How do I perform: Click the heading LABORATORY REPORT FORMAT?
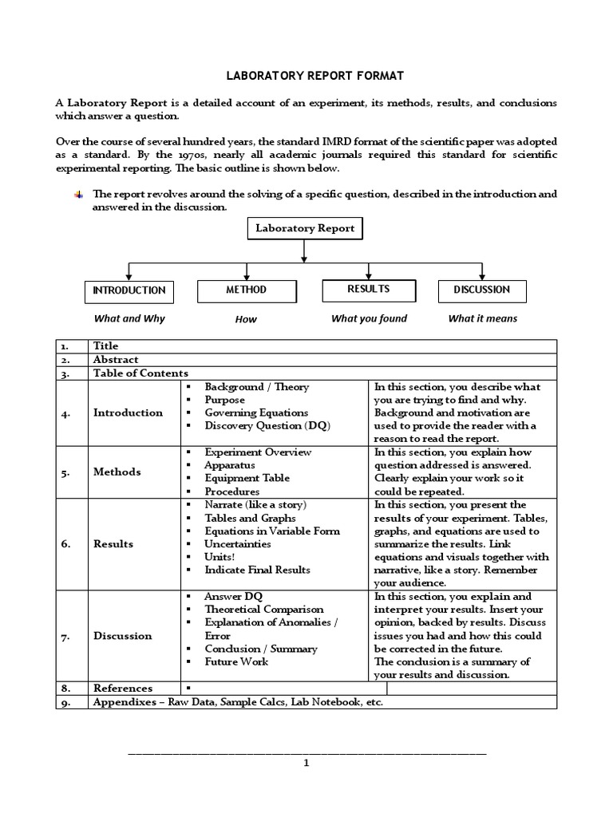point(306,76)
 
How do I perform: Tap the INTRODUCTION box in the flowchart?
point(129,290)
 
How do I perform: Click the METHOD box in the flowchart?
point(246,290)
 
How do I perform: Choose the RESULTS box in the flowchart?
point(368,290)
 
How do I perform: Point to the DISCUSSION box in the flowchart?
point(482,290)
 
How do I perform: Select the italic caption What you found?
point(369,318)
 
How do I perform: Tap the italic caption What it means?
point(482,318)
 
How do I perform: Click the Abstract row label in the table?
point(116,360)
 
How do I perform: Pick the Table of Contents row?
point(140,373)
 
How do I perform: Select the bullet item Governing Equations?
point(255,412)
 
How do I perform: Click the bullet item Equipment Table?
point(247,478)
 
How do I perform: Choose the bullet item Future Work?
point(236,661)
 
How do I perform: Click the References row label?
point(122,688)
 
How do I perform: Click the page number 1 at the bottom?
point(306,763)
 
